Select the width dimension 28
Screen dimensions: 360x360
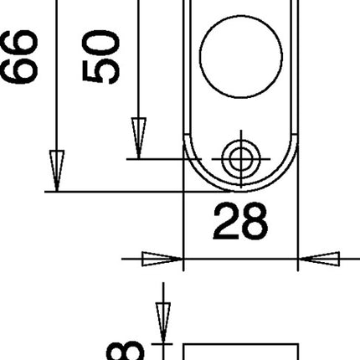coord(240,222)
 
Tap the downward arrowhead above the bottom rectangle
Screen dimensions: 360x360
coord(159,321)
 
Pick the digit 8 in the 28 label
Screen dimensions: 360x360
coord(255,222)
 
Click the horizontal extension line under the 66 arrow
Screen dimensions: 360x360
coord(117,192)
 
